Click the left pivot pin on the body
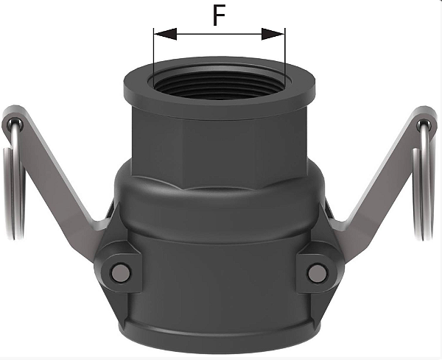click(119, 273)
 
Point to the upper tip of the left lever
click(13, 118)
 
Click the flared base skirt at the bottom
click(218, 324)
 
